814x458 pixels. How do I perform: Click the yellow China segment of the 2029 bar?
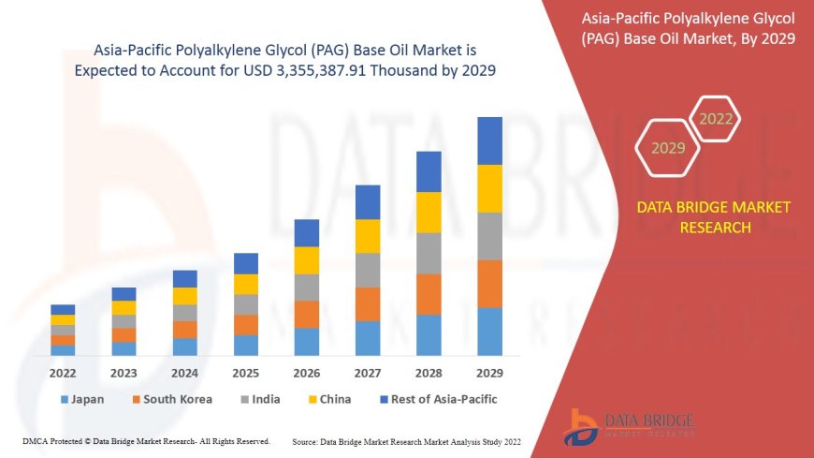(x=489, y=188)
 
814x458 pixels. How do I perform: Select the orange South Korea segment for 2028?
(x=429, y=294)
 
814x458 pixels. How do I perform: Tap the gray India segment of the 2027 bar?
(x=368, y=270)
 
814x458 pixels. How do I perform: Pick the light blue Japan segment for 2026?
(x=307, y=341)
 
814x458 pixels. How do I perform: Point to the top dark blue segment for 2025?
(x=246, y=263)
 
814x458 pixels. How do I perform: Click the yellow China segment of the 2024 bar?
(x=185, y=296)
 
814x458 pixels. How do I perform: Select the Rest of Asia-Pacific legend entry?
(x=438, y=399)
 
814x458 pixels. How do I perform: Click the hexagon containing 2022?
(x=716, y=119)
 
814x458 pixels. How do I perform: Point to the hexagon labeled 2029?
(x=668, y=148)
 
